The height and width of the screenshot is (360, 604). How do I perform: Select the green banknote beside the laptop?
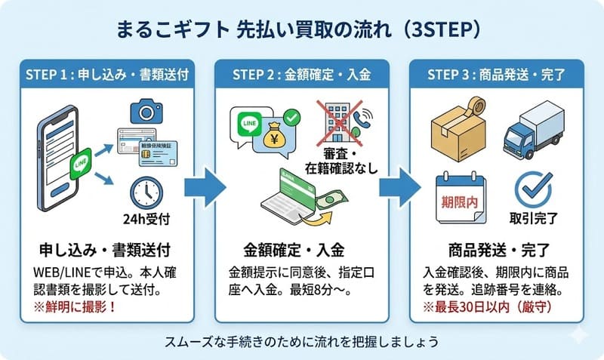pos(328,203)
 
